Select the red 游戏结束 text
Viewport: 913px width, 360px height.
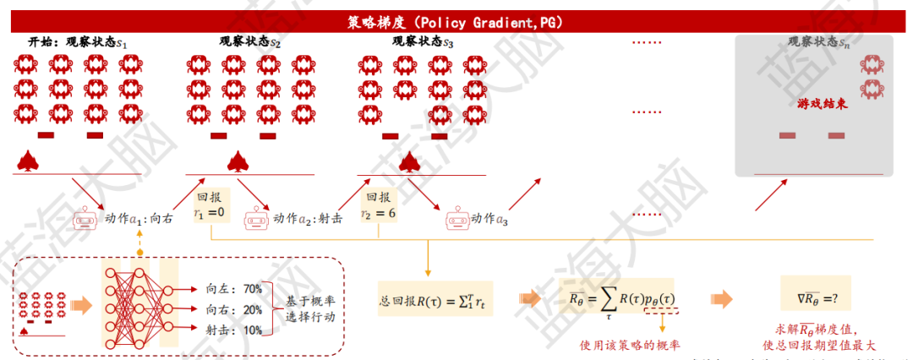823,105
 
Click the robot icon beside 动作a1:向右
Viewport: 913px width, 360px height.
84,219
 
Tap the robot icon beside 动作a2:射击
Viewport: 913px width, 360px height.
256,219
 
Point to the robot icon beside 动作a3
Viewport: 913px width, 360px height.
457,219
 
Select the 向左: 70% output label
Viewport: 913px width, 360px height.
233,289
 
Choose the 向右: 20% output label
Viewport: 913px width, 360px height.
233,309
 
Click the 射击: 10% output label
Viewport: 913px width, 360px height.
233,330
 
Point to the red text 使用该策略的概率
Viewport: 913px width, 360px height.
631,345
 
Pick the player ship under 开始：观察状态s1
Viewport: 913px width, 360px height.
28,160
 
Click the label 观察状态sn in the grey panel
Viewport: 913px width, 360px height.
817,41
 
